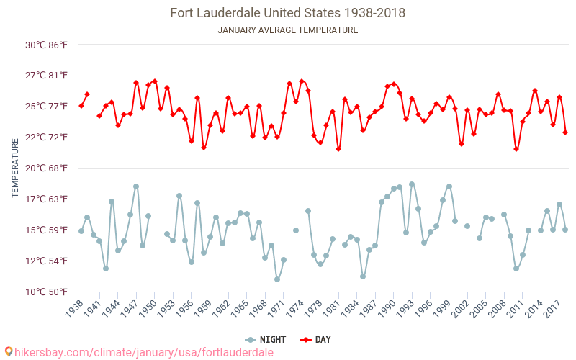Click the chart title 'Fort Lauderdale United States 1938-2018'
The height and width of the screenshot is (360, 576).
point(287,13)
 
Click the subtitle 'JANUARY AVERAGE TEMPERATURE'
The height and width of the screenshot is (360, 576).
point(287,30)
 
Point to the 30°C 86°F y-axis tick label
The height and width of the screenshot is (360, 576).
point(47,45)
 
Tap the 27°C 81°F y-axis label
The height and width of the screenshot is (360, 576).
point(47,76)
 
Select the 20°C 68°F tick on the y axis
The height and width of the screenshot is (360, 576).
point(47,168)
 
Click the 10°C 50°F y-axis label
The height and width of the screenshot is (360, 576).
point(47,292)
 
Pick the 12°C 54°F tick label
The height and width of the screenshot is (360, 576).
point(47,261)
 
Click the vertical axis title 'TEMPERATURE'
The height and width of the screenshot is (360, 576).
point(15,168)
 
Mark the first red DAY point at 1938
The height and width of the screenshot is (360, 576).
point(81,106)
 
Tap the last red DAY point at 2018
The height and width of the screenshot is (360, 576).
point(565,132)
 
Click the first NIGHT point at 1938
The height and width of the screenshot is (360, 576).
point(81,231)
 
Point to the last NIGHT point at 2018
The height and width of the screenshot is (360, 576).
point(565,230)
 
